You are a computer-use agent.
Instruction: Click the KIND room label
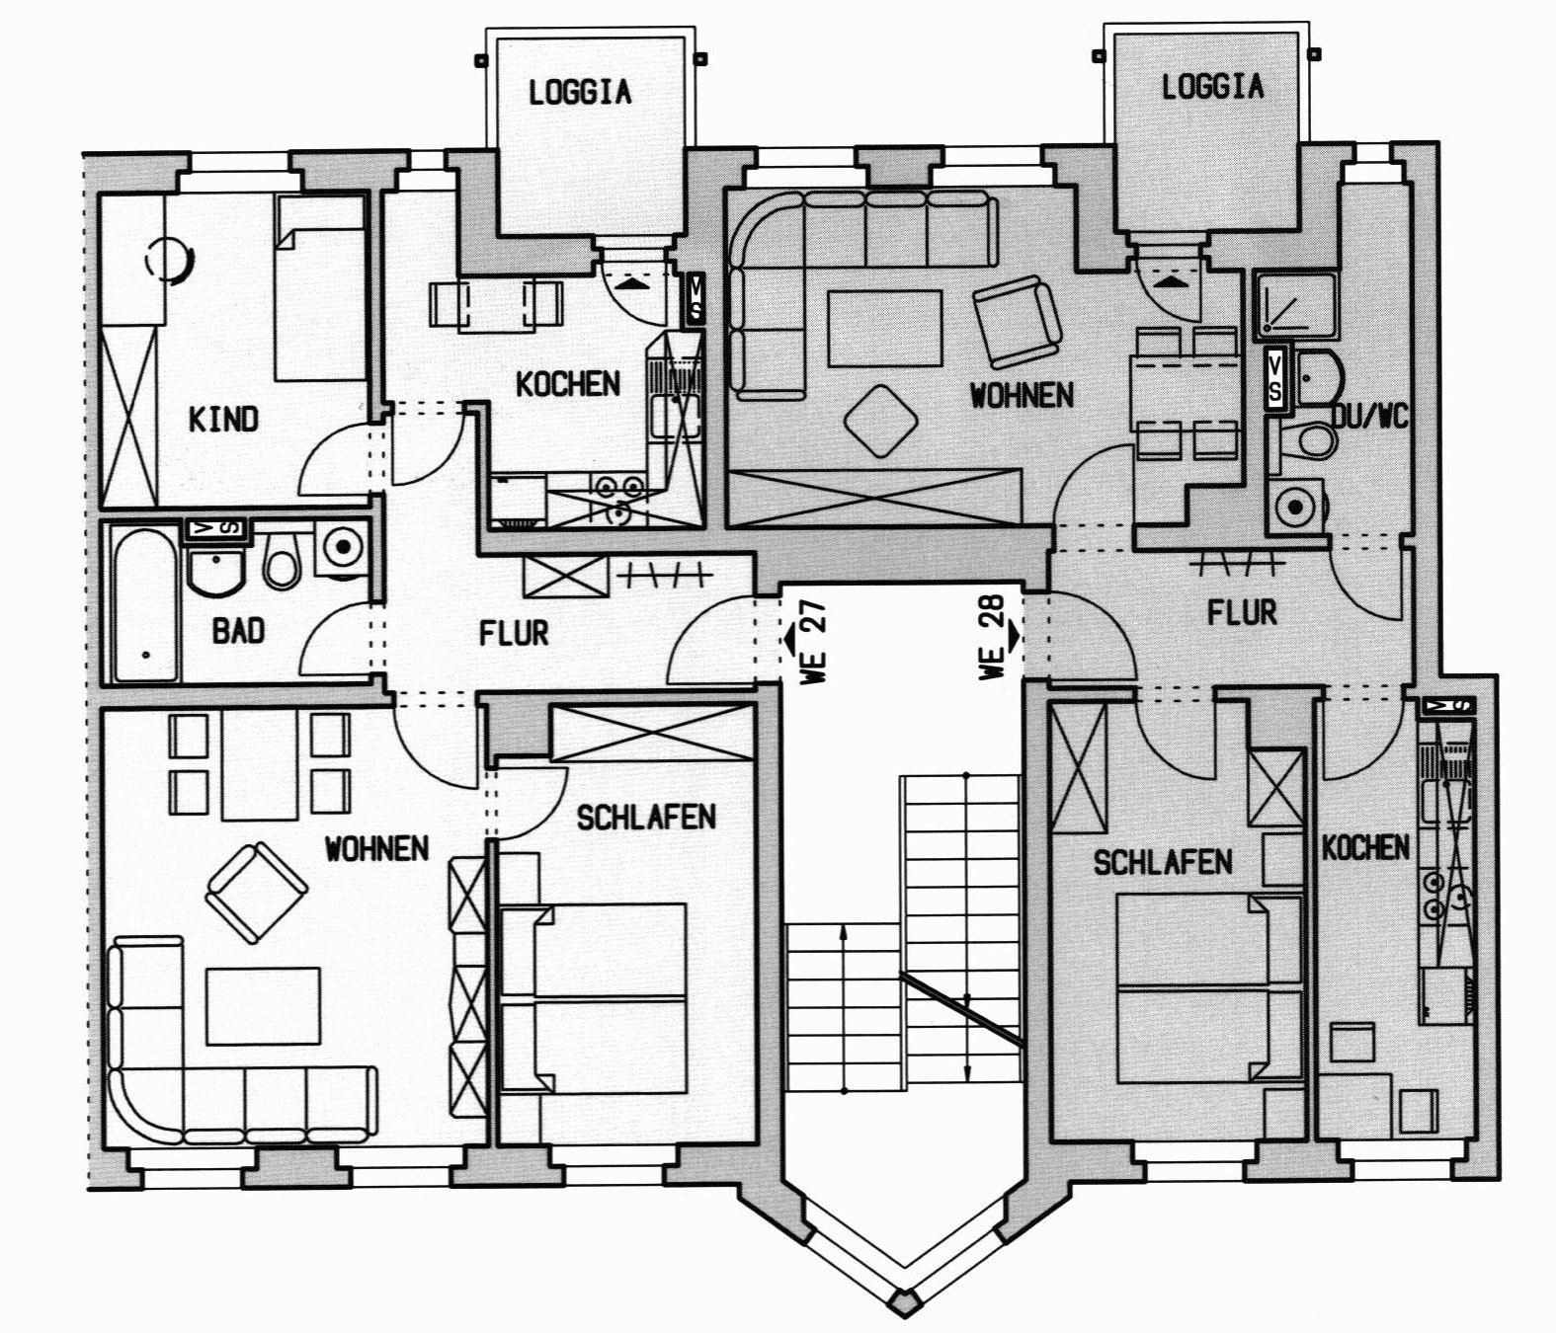tap(223, 419)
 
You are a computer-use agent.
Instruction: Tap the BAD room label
tap(239, 630)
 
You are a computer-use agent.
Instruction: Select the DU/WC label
tap(1370, 416)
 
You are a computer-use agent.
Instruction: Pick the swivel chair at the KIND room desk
tap(170, 261)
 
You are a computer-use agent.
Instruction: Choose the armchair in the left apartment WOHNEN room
tap(257, 892)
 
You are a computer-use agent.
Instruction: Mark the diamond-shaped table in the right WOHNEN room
tap(881, 422)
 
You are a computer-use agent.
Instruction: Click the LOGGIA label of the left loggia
tap(580, 93)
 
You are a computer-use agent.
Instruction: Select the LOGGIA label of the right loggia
tap(1213, 87)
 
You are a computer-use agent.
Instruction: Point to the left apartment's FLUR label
tap(514, 633)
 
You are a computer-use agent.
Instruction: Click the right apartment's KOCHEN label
tap(1365, 848)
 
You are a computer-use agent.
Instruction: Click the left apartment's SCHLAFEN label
tap(646, 818)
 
